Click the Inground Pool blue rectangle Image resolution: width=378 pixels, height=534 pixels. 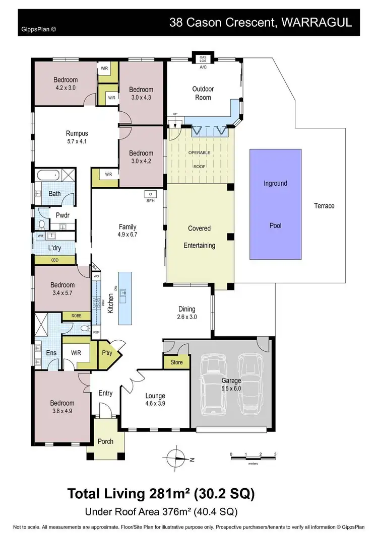[x=275, y=204]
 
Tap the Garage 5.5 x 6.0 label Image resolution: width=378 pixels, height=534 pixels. [x=231, y=385]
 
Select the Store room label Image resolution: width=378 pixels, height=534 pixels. [x=176, y=362]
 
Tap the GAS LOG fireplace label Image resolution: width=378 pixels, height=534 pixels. [x=203, y=58]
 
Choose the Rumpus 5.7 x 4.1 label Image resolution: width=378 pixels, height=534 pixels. [x=77, y=137]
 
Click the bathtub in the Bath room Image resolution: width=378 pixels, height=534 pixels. [x=48, y=176]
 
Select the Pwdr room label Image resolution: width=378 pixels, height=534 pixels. [x=62, y=215]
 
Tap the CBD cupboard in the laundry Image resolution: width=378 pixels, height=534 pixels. [x=55, y=260]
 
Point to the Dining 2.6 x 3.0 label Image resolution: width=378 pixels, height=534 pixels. [x=186, y=313]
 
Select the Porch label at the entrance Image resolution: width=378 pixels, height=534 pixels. [x=105, y=441]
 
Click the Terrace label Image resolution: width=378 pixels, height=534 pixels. [x=324, y=206]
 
